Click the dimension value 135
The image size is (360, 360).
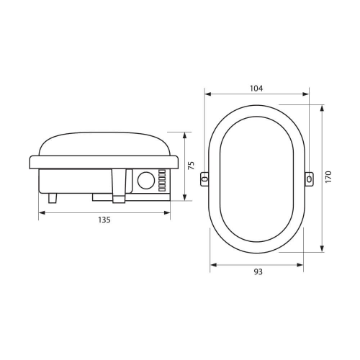pos(104,220)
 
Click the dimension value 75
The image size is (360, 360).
pos(191,166)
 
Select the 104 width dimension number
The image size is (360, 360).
pos(256,88)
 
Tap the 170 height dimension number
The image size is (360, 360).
pos(328,177)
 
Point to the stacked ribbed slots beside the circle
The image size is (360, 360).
pos(162,180)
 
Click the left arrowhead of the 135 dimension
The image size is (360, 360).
pos(40,212)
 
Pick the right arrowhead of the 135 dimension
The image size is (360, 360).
pos(168,212)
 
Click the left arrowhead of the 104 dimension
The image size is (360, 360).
pos(207,94)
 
